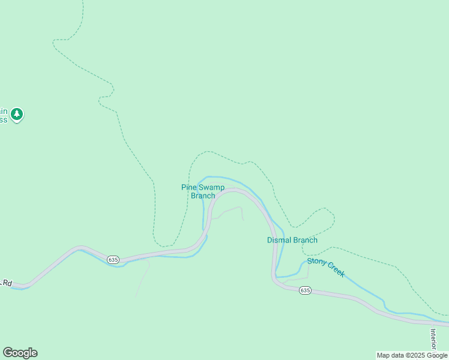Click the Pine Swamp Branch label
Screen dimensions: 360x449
click(x=203, y=191)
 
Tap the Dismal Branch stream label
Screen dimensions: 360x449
click(x=292, y=240)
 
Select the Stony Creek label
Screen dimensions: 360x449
click(x=326, y=267)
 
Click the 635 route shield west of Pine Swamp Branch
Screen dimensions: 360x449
click(x=113, y=259)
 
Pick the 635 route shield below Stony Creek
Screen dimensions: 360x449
click(x=305, y=290)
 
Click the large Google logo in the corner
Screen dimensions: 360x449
click(x=20, y=353)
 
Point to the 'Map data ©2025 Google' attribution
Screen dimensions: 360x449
click(x=412, y=355)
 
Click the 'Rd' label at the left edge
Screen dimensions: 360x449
click(x=7, y=282)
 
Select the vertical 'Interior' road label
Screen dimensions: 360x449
click(x=433, y=340)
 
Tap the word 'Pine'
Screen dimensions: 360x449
click(x=188, y=187)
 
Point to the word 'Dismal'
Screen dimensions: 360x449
click(x=279, y=240)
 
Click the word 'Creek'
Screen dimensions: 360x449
click(x=335, y=271)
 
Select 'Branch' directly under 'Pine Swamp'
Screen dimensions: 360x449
click(x=203, y=196)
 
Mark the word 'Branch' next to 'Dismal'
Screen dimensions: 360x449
click(x=305, y=240)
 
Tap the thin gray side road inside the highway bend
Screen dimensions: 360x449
click(x=231, y=210)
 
